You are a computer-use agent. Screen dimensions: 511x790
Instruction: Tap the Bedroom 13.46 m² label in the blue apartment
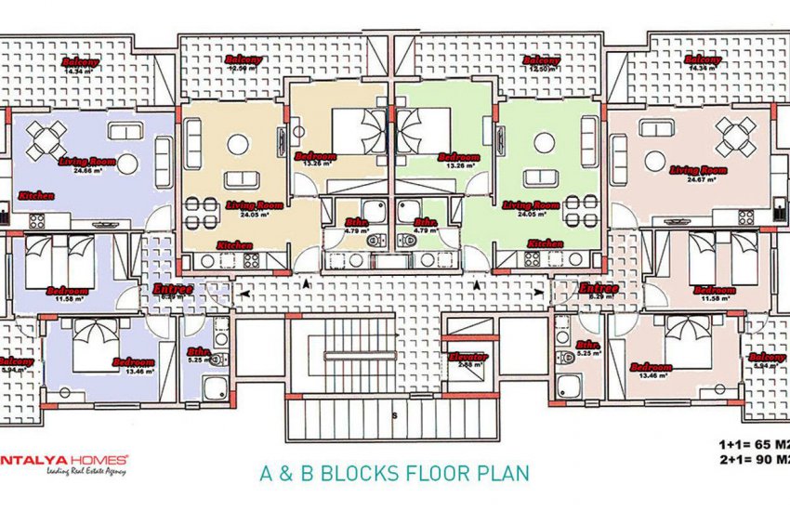click(x=133, y=364)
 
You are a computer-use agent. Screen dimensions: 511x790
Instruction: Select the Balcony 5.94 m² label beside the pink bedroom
click(x=766, y=361)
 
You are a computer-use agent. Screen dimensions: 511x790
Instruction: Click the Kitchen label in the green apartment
click(x=543, y=243)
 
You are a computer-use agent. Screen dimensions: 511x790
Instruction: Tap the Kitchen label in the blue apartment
click(x=35, y=197)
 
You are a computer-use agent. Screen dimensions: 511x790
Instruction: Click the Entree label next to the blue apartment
click(x=173, y=291)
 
